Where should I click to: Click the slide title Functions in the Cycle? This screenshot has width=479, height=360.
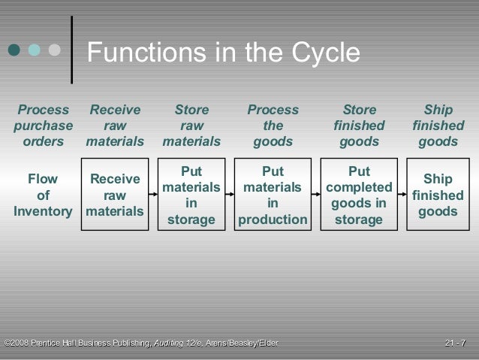[224, 53]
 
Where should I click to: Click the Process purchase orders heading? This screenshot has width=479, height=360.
[43, 126]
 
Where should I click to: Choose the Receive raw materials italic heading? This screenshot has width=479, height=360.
[114, 126]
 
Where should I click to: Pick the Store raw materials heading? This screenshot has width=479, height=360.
[191, 126]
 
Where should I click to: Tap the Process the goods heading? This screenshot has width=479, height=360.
[273, 126]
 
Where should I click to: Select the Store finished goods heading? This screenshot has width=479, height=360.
[360, 126]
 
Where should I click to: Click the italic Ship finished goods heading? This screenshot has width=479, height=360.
[438, 126]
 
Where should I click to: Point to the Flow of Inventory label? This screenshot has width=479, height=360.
[42, 195]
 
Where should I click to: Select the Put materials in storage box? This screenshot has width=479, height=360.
[191, 192]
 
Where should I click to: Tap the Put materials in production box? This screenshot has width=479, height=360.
[273, 192]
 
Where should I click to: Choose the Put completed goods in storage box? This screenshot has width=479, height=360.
[360, 192]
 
